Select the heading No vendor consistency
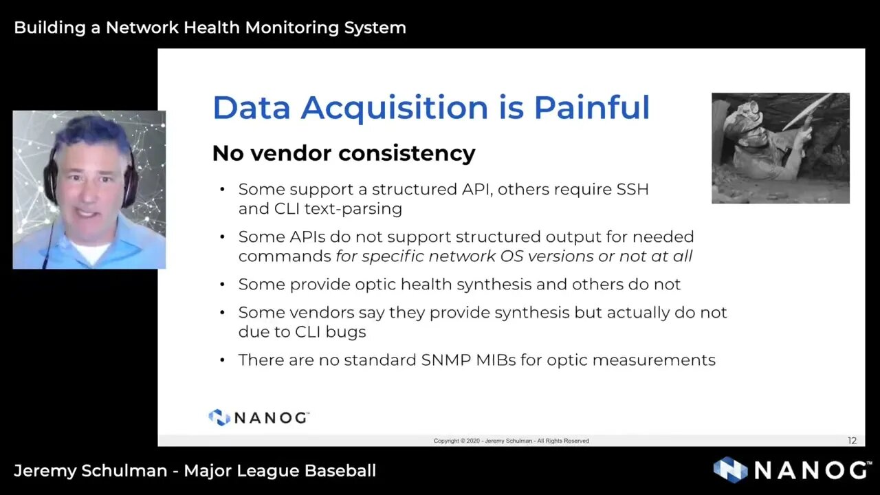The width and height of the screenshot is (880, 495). pyautogui.click(x=343, y=153)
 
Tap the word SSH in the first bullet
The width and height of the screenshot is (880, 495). pyautogui.click(x=632, y=189)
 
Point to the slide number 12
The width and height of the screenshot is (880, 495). pyautogui.click(x=852, y=441)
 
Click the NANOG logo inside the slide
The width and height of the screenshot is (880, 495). pyautogui.click(x=258, y=417)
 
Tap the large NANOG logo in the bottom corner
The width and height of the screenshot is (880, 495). pyautogui.click(x=791, y=470)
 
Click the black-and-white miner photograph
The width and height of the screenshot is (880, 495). pyautogui.click(x=780, y=148)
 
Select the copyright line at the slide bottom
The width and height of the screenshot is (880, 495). pyautogui.click(x=511, y=441)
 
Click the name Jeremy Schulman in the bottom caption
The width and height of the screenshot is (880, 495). pyautogui.click(x=90, y=471)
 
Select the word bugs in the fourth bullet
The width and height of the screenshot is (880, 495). pyautogui.click(x=348, y=331)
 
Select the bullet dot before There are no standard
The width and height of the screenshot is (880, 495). pyautogui.click(x=222, y=360)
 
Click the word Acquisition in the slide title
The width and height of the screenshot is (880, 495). pyautogui.click(x=393, y=109)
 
